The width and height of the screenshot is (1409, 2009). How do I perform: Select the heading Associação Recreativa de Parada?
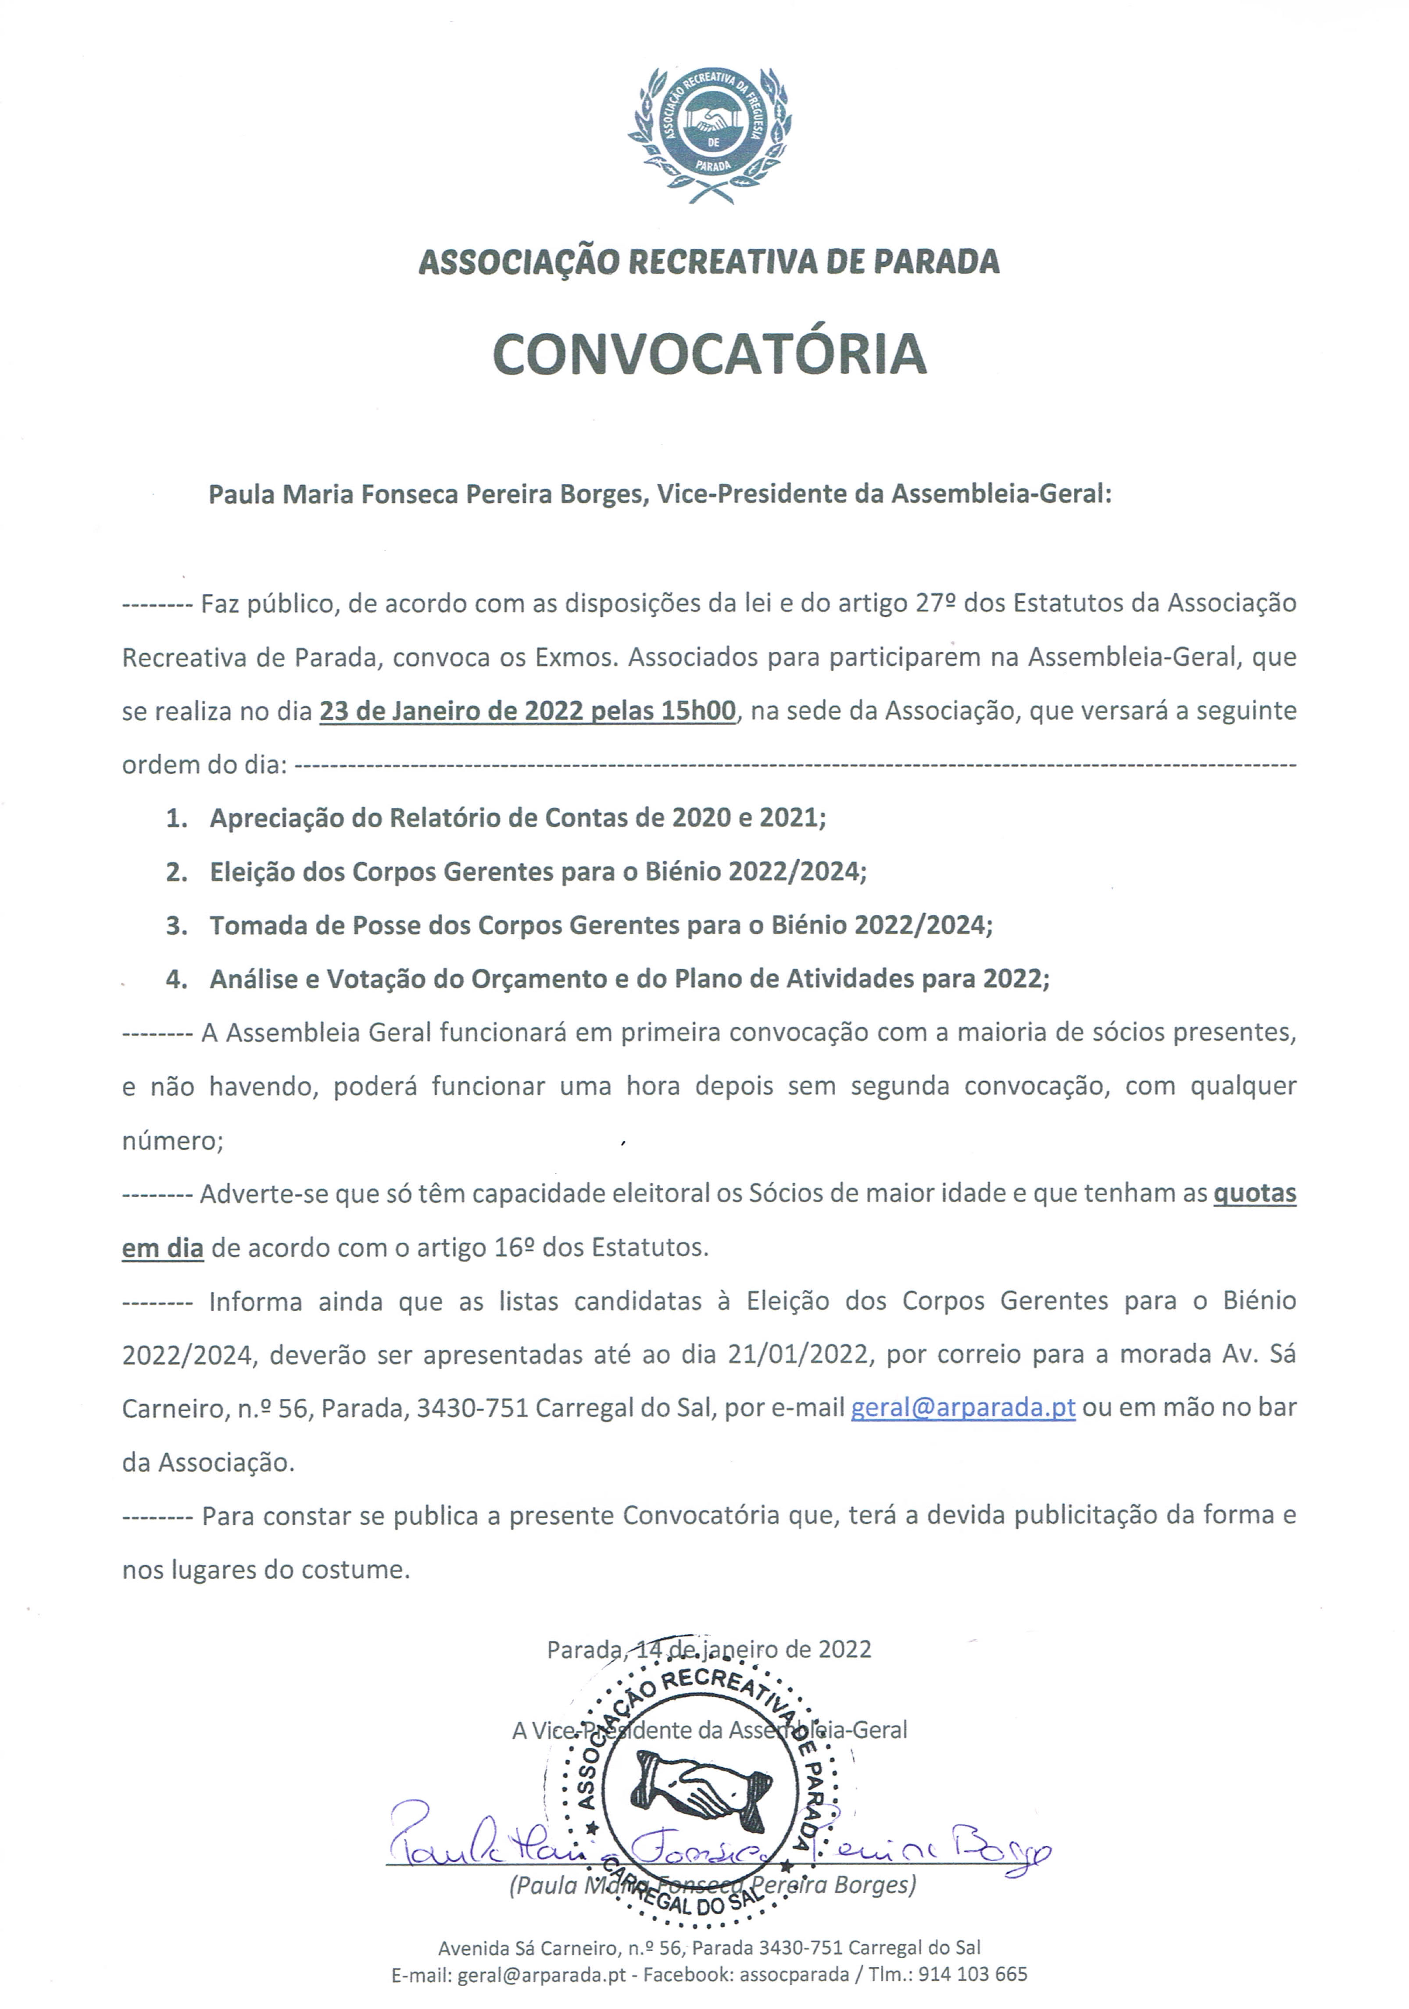[x=709, y=261]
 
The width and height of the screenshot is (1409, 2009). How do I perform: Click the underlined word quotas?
[x=1254, y=1194]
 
